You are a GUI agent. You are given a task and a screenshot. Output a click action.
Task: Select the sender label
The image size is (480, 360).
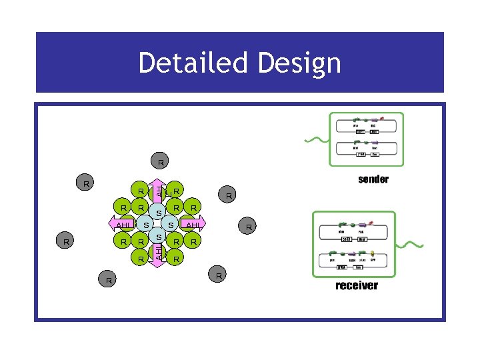coord(373,179)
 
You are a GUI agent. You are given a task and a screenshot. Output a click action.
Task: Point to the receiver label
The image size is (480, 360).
coord(357,285)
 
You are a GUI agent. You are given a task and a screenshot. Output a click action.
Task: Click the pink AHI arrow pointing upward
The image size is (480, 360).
coord(158,191)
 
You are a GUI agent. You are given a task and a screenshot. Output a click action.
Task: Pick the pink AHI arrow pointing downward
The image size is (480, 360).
coord(158,253)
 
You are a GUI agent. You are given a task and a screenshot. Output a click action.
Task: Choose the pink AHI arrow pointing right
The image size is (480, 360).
coord(194,225)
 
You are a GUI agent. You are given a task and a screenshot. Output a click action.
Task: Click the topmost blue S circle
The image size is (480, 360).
coord(159,212)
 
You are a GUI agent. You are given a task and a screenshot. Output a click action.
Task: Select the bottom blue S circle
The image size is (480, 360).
coord(159,237)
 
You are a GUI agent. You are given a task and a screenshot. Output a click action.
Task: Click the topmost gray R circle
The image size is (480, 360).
coord(161,162)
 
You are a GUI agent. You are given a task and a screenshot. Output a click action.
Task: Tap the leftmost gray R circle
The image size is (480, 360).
coord(65,241)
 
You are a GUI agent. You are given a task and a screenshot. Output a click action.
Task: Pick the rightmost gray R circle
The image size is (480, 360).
coord(249,227)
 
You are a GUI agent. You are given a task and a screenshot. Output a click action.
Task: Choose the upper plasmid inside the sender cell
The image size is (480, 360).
coord(367,127)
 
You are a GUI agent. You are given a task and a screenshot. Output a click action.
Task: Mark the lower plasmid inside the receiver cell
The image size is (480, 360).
coord(356,261)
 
